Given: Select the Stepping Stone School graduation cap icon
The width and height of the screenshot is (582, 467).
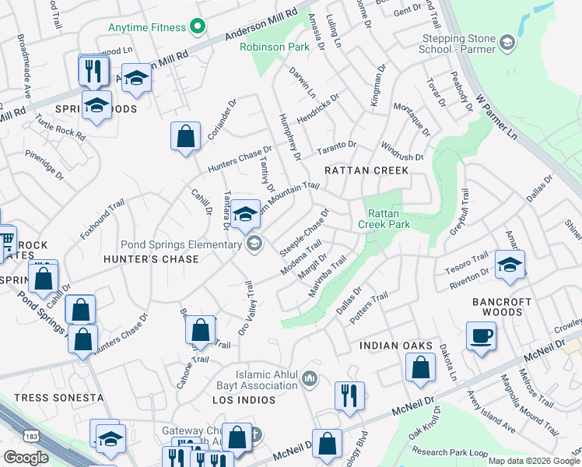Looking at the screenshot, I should [508, 42].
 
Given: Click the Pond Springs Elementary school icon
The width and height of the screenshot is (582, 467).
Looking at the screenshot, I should [254, 244].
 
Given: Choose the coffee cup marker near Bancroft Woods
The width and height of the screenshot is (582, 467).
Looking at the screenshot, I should [481, 336].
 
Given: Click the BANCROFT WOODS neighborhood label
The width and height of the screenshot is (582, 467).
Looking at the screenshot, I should [502, 307].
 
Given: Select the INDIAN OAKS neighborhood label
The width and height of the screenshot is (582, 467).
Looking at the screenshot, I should [394, 345].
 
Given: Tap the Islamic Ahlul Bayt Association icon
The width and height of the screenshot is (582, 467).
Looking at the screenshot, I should [310, 378].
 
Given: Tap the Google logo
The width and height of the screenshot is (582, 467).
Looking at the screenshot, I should [26, 458].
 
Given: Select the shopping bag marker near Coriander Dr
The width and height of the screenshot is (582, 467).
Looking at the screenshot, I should [186, 137].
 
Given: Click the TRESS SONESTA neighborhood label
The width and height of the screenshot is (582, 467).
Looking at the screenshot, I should [58, 398].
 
